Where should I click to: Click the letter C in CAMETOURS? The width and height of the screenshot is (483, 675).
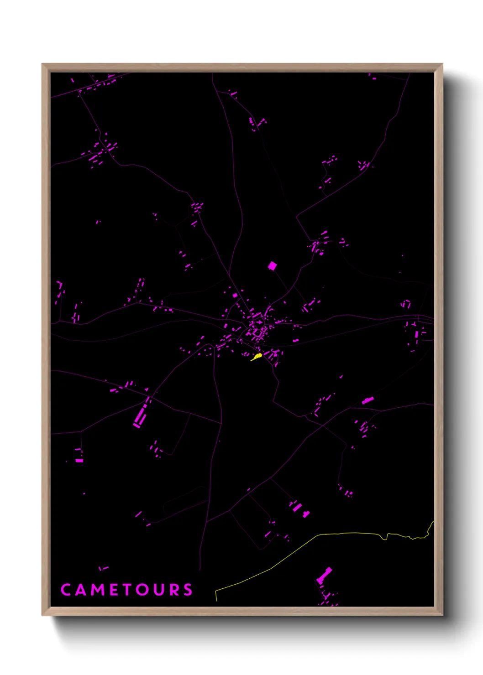(65, 590)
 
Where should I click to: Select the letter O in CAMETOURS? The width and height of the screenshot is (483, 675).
(142, 590)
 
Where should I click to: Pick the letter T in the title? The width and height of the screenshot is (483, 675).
(126, 590)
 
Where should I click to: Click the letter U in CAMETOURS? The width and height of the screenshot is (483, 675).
(158, 590)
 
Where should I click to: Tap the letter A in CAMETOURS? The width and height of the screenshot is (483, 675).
(80, 590)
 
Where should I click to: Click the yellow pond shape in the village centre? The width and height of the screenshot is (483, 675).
(257, 357)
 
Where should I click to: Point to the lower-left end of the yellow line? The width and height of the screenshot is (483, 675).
(216, 600)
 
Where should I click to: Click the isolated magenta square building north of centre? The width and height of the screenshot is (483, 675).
(273, 265)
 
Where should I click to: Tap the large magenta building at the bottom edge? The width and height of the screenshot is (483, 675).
(325, 575)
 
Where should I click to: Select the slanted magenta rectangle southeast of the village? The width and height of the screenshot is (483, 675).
(368, 400)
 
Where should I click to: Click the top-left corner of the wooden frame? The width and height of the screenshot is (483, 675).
(42, 64)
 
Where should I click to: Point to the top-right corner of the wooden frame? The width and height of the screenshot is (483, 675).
(442, 64)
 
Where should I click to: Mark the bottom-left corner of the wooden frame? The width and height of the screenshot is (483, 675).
(42, 615)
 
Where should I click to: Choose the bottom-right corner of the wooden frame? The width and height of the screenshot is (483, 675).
(442, 615)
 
